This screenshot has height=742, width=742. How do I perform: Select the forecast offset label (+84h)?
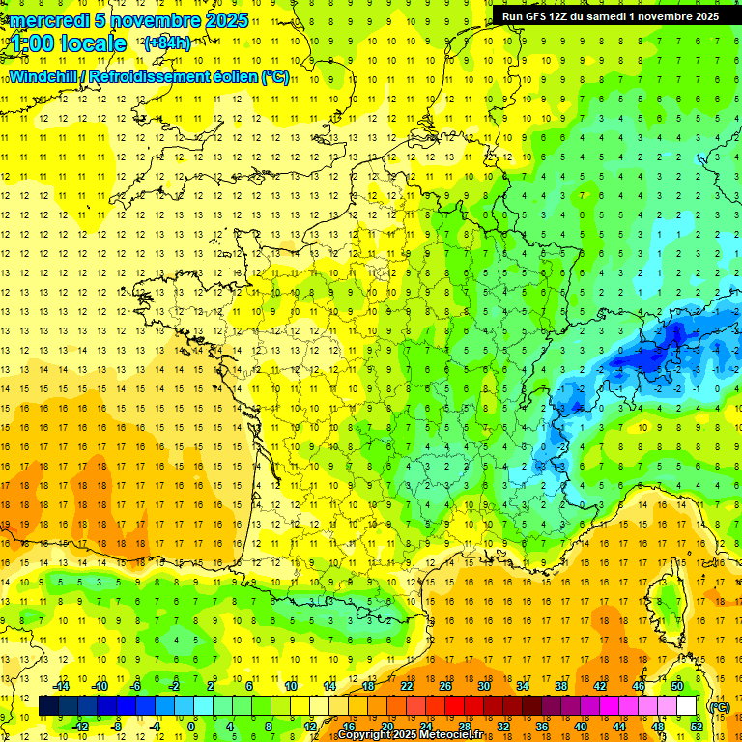pos(167,43)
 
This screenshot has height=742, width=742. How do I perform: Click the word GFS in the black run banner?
pos(539,16)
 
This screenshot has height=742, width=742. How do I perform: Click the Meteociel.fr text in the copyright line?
pos(452,735)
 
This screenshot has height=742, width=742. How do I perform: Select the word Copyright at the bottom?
pos(364,735)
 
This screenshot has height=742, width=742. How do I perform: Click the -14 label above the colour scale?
pos(61,686)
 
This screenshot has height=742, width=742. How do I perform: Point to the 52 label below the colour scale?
pos(697,727)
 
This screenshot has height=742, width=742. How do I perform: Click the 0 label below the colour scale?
pos(191,727)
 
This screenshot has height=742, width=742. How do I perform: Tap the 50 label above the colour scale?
pos(677,686)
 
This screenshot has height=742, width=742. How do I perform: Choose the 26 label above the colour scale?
pos(445,686)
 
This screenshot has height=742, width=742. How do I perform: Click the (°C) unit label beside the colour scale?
pos(720,707)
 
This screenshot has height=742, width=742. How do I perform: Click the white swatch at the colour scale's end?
pos(687,706)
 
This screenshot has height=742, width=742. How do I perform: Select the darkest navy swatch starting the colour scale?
pos(49,706)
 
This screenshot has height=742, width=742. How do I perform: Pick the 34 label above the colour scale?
pos(523,686)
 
